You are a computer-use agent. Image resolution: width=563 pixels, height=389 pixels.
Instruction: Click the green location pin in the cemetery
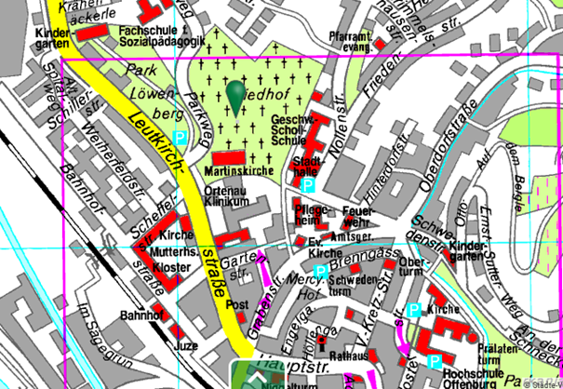click(235, 94)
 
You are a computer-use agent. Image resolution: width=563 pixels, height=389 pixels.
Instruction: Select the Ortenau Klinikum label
click(227, 196)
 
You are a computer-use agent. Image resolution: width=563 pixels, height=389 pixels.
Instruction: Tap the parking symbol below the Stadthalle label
click(307, 185)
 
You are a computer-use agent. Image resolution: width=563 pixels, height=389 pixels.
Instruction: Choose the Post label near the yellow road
click(237, 305)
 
